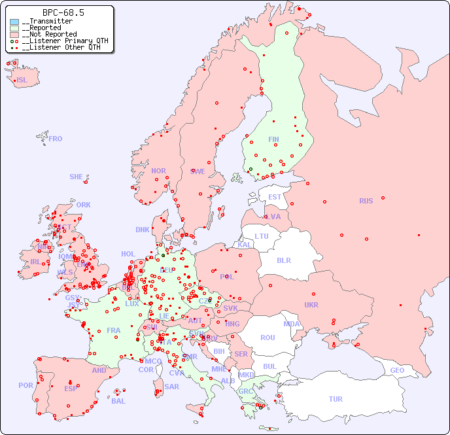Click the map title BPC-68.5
point(63,12)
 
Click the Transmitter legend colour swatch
point(14,22)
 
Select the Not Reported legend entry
point(50,34)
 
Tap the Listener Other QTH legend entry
point(61,47)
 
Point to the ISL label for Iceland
point(22,80)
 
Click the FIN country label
point(273,139)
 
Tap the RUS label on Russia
point(366,201)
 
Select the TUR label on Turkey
point(336,399)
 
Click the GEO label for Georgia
point(397,370)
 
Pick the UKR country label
point(311,305)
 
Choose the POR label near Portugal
point(26,385)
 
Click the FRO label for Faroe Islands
point(56,139)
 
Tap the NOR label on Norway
point(158,171)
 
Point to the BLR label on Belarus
point(284,260)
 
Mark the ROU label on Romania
point(268,338)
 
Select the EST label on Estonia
point(275,197)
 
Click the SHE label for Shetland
point(77,177)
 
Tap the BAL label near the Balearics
point(118,401)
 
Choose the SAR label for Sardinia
point(171,387)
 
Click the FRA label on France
point(114,330)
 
